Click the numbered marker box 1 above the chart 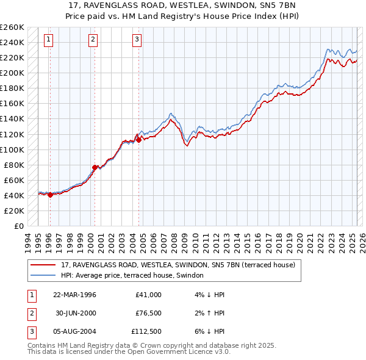tap(48, 40)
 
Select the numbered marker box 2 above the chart tap(93, 40)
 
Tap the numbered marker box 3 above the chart tap(137, 40)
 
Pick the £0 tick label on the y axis tap(18, 226)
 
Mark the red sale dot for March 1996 tap(50, 195)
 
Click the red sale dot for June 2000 tap(95, 167)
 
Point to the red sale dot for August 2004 tap(138, 140)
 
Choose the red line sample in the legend tap(44, 265)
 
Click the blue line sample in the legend tap(44, 275)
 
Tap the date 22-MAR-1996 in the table tap(74, 295)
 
